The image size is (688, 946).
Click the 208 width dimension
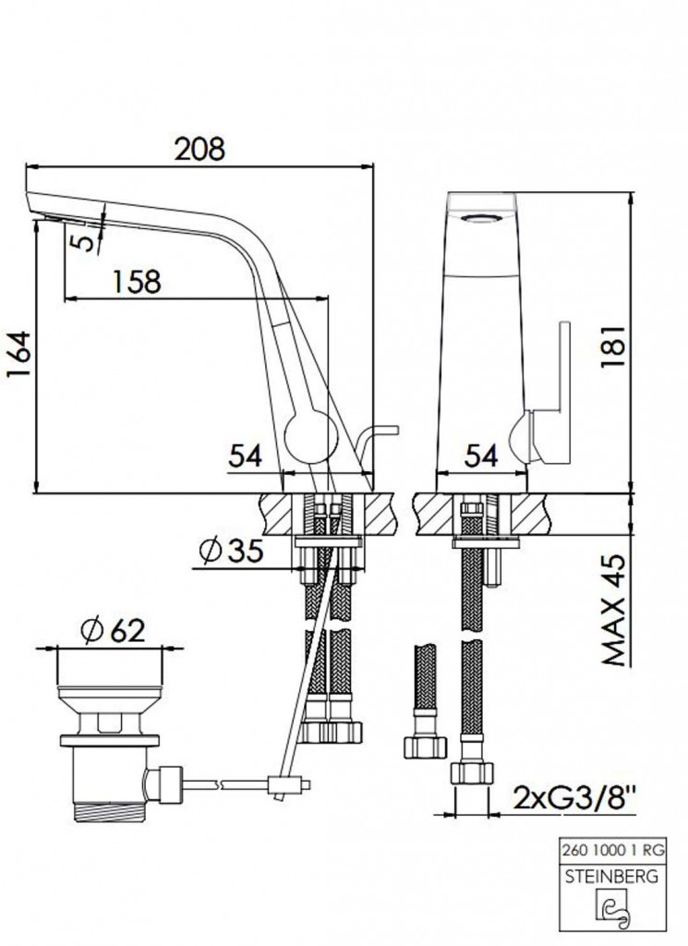[x=199, y=149]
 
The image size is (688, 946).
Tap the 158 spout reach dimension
[x=137, y=281]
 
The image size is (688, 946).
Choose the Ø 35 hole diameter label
[x=230, y=551]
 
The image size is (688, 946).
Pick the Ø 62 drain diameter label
[x=113, y=631]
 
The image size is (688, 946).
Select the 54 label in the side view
[x=246, y=456]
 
